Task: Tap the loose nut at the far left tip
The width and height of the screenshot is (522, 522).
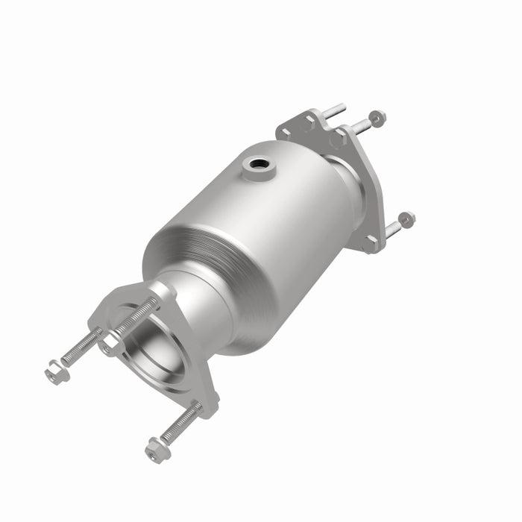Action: click(x=56, y=370)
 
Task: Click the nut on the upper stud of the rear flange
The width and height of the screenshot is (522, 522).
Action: click(x=377, y=117)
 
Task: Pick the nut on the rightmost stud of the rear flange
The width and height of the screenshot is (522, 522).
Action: click(x=406, y=219)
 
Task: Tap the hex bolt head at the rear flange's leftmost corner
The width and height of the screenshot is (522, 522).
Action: click(x=284, y=133)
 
